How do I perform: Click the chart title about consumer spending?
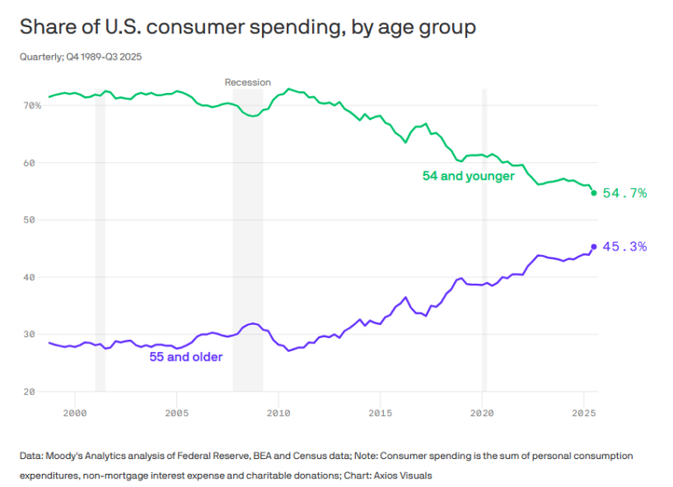pos(248,27)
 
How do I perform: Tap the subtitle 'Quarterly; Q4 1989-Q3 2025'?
pos(81,57)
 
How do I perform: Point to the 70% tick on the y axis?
pos(32,105)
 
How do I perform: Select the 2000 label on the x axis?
pos(75,411)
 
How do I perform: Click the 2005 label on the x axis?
pos(177,411)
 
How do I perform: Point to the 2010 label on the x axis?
pos(279,411)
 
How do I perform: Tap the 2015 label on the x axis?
pos(380,411)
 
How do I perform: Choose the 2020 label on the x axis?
pos(482,411)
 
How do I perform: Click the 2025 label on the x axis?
pos(584,411)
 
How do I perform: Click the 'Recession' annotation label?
pos(248,82)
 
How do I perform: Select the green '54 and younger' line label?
pos(468,176)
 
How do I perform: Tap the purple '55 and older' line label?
pos(186,356)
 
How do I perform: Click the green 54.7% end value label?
pos(625,193)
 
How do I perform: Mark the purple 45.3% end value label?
pos(625,247)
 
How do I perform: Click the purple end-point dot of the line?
pos(593,247)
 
